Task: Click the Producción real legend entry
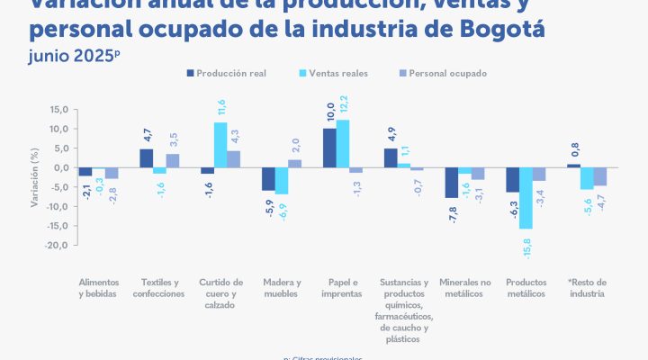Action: coord(238,73)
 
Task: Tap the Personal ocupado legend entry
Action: coord(442,73)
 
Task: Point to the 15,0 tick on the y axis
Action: coord(59,110)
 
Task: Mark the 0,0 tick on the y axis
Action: coord(61,167)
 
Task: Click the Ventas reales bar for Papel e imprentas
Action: coord(343,144)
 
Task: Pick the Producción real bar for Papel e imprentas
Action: coord(329,148)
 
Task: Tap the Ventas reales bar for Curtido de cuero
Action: coord(220,145)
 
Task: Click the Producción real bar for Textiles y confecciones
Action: coord(146,158)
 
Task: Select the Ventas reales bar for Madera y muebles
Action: coord(282,181)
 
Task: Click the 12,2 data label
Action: coord(343,104)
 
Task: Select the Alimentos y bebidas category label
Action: coord(98,287)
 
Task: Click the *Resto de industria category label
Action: coord(588,287)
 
